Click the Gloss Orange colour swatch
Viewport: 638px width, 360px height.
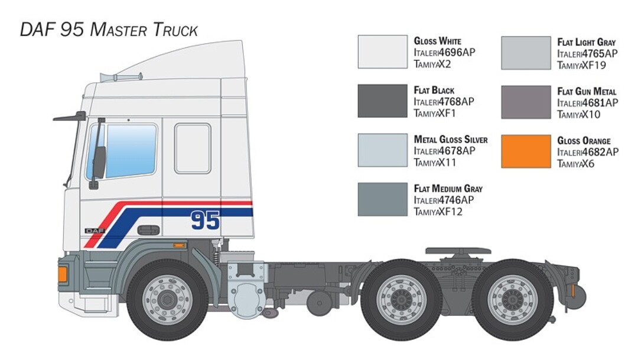526,151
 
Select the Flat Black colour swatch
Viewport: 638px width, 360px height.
382,101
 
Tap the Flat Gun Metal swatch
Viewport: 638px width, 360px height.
526,102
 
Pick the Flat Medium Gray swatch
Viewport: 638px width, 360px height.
382,199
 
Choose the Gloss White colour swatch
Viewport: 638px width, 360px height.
382,52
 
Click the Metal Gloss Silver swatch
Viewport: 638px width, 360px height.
382,150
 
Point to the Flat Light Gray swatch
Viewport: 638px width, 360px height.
526,53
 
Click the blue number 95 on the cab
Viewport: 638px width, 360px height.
205,220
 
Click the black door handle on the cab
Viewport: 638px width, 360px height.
148,229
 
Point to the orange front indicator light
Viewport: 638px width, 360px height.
63,274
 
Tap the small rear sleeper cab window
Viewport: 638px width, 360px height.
193,148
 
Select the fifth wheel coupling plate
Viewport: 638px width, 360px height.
458,251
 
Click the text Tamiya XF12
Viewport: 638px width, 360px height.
438,212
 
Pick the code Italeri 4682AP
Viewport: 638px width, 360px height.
588,152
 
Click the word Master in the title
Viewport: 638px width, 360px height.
119,30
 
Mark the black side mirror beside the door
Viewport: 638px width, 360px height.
99,162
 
